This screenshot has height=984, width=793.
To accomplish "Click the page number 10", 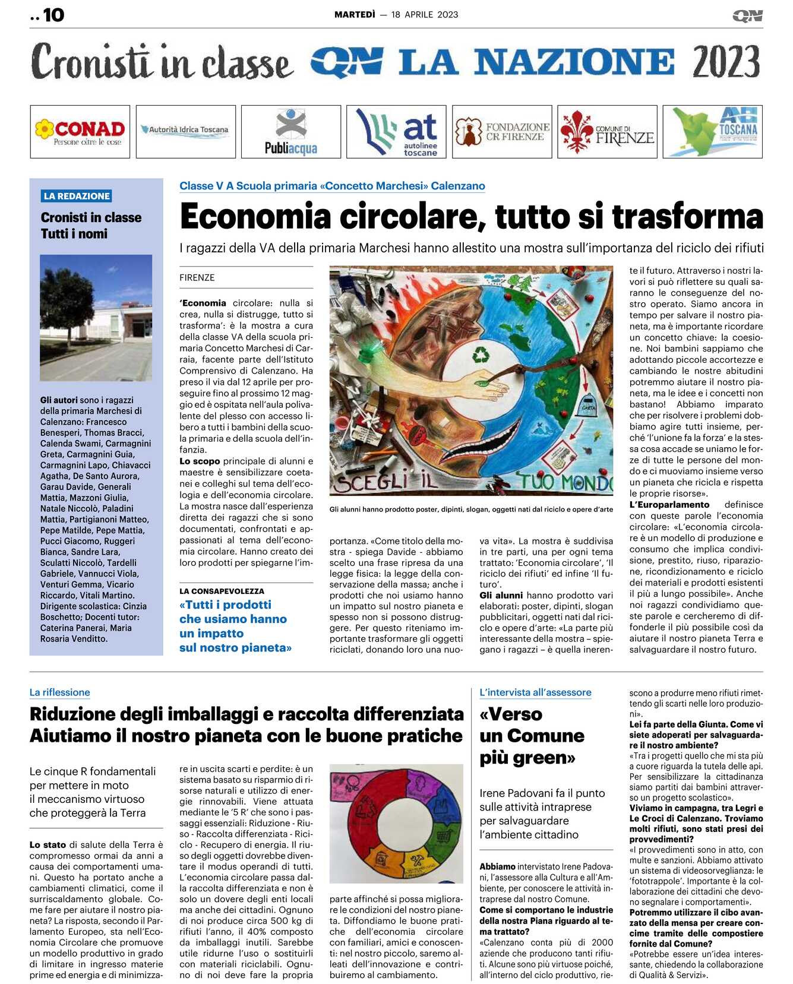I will pos(53,15).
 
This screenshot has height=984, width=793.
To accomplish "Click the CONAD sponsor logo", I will pos(80,132).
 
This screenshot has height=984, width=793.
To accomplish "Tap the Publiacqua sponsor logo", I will pos(291,132).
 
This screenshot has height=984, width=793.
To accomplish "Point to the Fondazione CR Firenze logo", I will pos(502,132).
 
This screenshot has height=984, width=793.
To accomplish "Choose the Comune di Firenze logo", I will pos(607,132).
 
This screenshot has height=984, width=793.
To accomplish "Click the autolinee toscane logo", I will pos(396,132).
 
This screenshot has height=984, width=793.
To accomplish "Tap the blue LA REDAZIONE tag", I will pos(77,196).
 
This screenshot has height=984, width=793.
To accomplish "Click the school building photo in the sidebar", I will pos(96,318).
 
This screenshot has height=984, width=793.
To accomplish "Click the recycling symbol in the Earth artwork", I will pos(480,355).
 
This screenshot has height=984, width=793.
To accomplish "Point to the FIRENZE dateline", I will pos(197,277).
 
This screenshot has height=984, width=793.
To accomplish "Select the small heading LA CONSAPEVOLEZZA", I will pos(222,591).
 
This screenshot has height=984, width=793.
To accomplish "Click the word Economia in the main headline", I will pos(255,216).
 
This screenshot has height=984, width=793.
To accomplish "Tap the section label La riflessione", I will pos(60,692).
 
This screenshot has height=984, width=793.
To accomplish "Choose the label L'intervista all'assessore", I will pos(535,692).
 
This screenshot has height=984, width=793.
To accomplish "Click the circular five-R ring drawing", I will pos(396,822).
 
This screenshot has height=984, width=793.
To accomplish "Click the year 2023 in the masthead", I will pos(726,62).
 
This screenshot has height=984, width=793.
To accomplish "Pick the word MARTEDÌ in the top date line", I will pos(355,15).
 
